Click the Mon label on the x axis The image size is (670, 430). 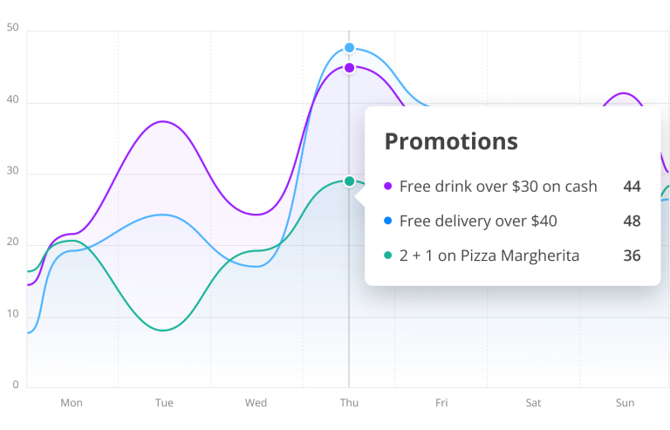coord(72,403)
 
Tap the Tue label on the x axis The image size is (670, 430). coord(164,403)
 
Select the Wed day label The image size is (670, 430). coord(256,403)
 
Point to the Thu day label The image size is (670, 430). coord(349,403)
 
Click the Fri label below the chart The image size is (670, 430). coord(441,403)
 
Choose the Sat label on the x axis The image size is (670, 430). coord(533,403)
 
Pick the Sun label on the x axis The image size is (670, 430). coord(626,403)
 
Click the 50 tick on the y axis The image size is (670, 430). coord(12,28)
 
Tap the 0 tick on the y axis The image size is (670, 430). coord(15,385)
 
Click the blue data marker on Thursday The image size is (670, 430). coord(349,48)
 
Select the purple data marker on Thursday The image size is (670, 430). coord(349,68)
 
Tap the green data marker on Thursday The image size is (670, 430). coord(349,181)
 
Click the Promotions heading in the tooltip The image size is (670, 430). coord(451,141)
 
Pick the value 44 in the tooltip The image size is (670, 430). coord(632,186)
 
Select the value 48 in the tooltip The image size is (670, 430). coord(632,221)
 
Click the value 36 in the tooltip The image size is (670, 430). coord(632,256)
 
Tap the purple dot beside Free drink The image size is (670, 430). coord(387,186)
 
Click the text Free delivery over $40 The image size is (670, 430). coord(477,221)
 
